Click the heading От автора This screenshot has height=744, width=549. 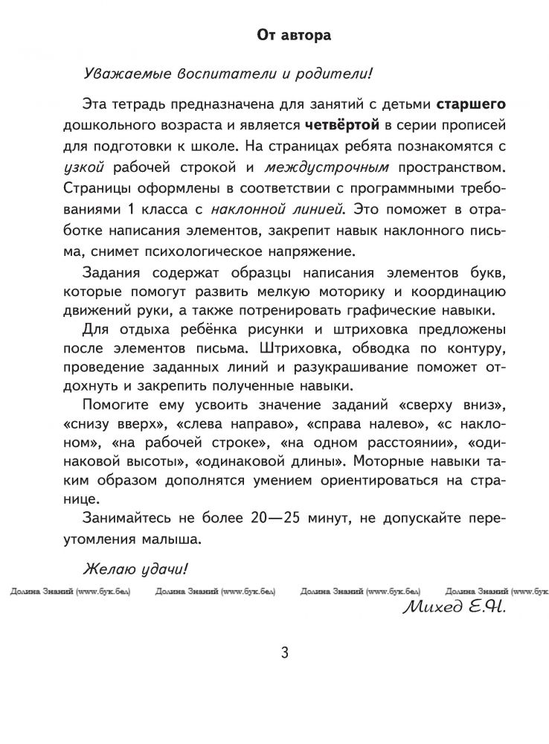click(293, 34)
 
